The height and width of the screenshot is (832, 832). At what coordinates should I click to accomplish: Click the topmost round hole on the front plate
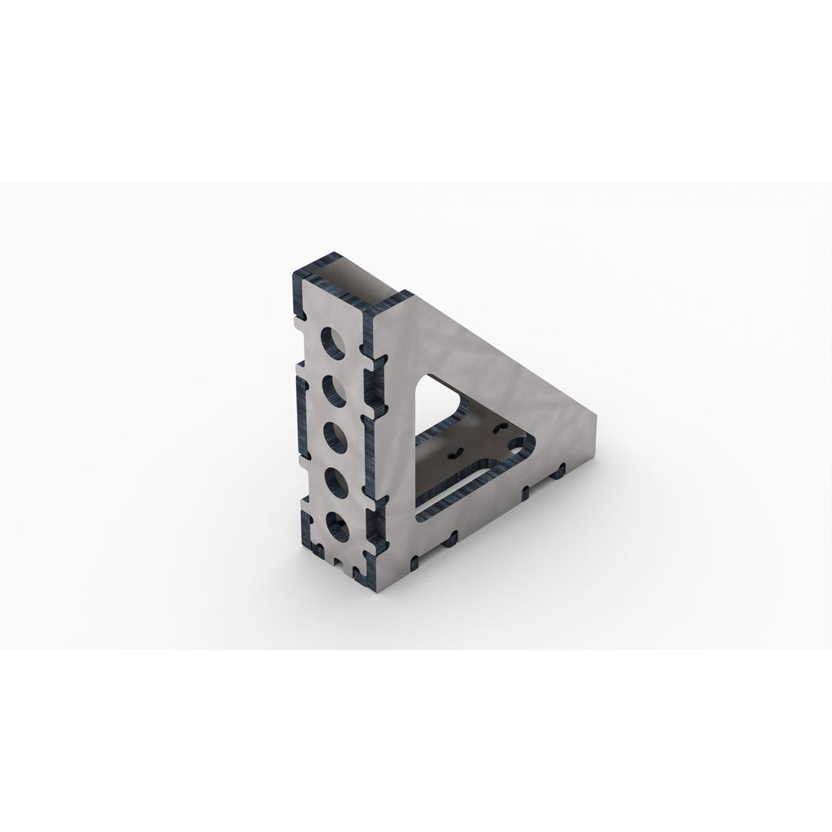tap(331, 341)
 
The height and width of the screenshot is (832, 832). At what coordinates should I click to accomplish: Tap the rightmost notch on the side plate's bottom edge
tap(560, 470)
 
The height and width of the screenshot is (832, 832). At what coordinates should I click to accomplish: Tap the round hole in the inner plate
tap(513, 444)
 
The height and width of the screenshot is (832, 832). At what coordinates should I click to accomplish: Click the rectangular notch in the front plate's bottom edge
tap(335, 560)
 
